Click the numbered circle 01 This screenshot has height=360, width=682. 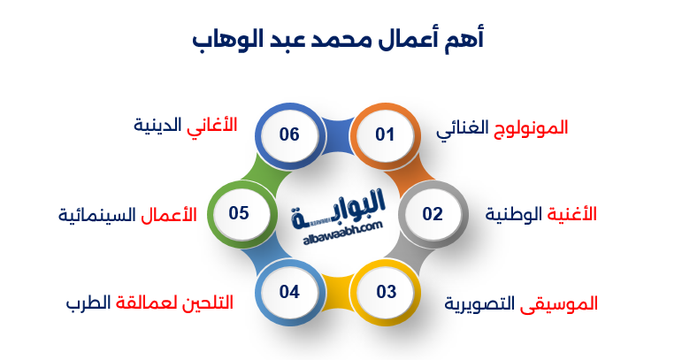coord(384,135)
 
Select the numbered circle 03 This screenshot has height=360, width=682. coord(385,292)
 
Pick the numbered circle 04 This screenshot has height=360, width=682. coord(289,292)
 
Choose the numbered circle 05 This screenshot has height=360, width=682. coord(239,214)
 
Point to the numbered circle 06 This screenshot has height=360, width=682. coord(288,135)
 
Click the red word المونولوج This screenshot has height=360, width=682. coord(531,128)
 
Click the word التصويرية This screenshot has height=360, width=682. coord(483,303)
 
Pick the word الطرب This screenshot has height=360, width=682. coord(88,303)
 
